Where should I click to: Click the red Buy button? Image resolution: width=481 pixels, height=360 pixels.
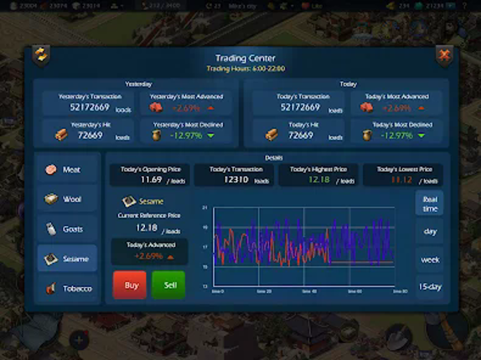click(x=130, y=285)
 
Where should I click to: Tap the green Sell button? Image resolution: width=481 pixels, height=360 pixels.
click(x=169, y=285)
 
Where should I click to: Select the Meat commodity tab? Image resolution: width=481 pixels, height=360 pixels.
click(x=66, y=170)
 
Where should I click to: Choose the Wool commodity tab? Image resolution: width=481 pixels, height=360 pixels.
click(x=66, y=199)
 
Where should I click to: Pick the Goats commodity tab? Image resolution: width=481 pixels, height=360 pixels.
click(x=66, y=229)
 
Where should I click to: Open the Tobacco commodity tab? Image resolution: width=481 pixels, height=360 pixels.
click(x=66, y=288)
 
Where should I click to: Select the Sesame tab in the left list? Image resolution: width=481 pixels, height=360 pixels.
click(x=66, y=259)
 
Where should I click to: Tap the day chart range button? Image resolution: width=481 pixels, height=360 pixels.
click(x=430, y=231)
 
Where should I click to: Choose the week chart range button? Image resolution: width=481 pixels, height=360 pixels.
click(x=430, y=260)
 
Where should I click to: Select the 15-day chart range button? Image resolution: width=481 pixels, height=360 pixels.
click(x=430, y=287)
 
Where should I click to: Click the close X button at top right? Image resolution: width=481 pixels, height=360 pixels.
click(x=443, y=56)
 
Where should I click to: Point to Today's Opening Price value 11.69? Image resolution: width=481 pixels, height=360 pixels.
click(x=152, y=179)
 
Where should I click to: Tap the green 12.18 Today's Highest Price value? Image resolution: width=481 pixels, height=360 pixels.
click(x=319, y=179)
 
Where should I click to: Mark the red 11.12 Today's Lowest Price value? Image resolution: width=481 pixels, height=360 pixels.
click(x=401, y=179)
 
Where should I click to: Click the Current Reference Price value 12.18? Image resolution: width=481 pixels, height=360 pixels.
click(x=147, y=228)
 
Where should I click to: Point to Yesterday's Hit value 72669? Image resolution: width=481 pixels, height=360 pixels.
click(x=91, y=135)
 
